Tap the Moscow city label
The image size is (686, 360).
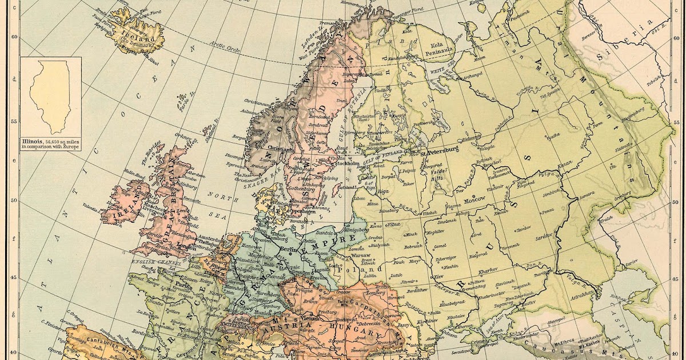474,200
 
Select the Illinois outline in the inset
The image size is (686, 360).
50,97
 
